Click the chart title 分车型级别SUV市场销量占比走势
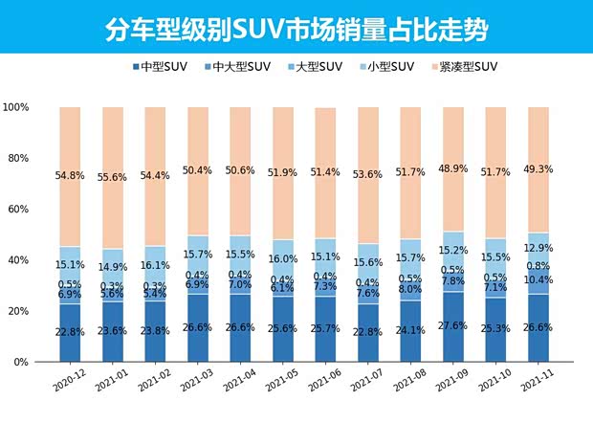(x=296, y=29)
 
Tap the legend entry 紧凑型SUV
(x=470, y=67)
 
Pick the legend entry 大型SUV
(x=317, y=67)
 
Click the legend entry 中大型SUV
(x=240, y=67)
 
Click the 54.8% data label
(x=70, y=177)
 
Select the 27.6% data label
(x=453, y=326)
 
